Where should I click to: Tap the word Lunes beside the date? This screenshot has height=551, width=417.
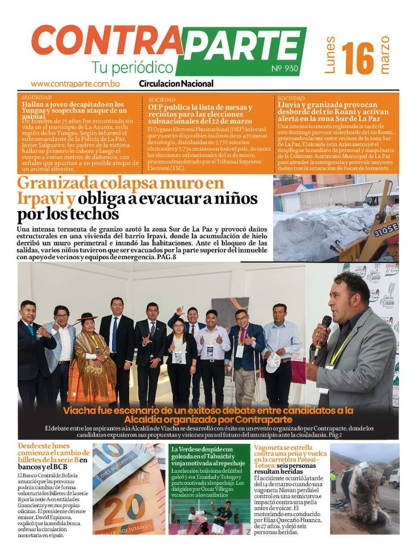330,56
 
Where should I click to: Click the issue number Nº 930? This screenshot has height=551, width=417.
285,69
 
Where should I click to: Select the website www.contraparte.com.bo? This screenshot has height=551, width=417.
75,84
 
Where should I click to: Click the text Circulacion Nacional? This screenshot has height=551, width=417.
176,84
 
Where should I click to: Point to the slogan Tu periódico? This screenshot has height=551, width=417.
132,68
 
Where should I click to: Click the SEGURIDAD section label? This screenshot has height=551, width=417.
36,98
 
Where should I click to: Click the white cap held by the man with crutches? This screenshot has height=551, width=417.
273,362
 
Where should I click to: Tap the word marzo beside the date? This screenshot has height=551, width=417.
385,55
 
